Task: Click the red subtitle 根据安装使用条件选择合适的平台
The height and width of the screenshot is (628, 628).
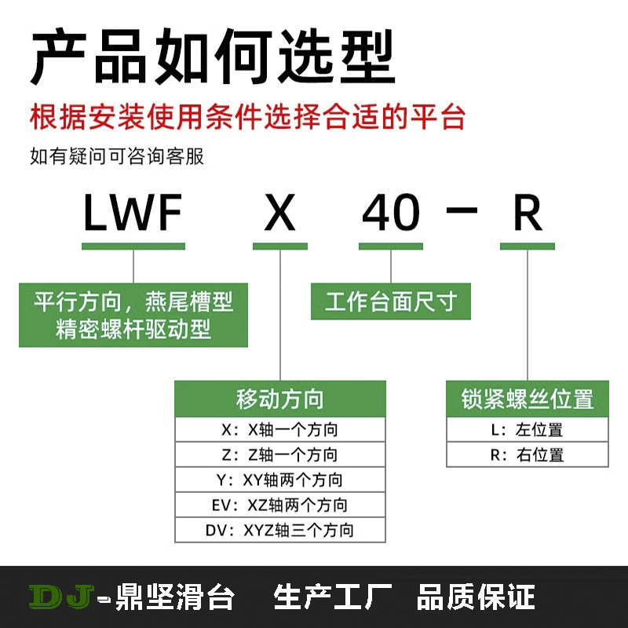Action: tap(248, 118)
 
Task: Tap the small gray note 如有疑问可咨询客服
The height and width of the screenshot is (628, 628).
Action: tap(117, 156)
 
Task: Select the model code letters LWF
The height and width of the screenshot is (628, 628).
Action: tap(133, 214)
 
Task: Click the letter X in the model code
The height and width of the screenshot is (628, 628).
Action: tap(280, 214)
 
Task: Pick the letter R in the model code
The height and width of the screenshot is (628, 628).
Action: tap(528, 214)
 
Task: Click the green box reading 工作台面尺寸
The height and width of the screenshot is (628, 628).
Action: tap(390, 301)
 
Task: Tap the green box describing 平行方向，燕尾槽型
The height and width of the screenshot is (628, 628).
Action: tap(133, 315)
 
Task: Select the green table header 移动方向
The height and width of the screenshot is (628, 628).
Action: tap(280, 399)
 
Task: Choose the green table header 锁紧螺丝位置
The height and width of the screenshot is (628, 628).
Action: tap(527, 399)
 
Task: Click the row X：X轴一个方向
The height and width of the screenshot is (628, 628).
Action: tap(280, 429)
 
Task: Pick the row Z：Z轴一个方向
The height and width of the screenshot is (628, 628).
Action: tap(280, 455)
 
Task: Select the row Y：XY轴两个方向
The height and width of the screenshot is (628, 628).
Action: tap(280, 480)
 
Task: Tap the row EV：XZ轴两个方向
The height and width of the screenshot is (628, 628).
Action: tap(280, 505)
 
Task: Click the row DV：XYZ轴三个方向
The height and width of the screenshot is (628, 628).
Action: tap(280, 530)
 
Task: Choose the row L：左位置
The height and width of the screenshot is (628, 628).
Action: tap(527, 429)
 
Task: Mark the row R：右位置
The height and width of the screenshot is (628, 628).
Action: tap(527, 455)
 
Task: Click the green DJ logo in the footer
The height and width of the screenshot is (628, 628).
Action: tap(62, 596)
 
